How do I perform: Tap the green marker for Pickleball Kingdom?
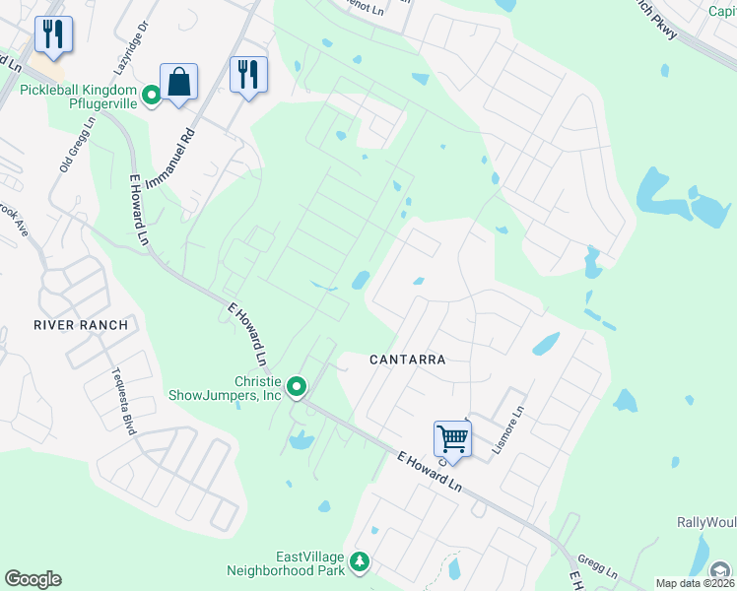152,96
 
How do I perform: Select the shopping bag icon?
179,82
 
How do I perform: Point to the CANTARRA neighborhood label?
408,360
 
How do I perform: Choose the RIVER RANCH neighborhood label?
81,325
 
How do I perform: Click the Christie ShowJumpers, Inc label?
257,388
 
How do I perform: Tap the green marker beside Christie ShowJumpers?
295,387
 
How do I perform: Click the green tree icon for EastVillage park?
360,562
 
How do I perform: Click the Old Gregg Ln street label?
76,144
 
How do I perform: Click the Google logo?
33,579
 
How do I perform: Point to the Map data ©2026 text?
696,583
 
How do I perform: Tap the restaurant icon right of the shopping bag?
248,75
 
